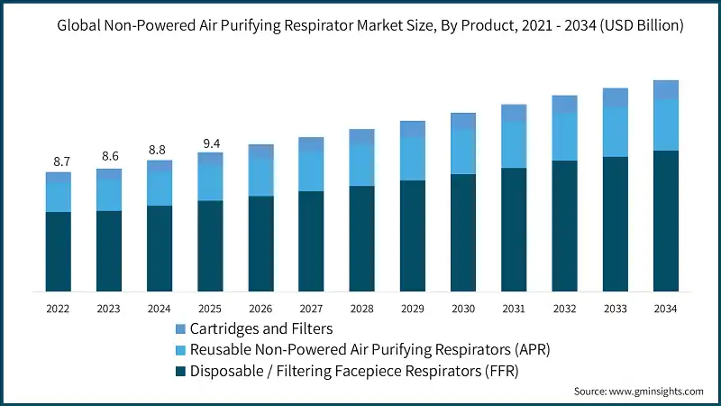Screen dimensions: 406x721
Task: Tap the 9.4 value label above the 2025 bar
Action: pos(210,143)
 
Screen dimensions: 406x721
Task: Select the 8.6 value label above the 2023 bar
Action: pos(110,157)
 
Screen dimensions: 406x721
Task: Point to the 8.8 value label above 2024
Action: pos(160,151)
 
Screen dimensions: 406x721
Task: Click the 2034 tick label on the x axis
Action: pos(665,309)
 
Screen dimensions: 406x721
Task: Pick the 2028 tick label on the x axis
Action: pos(361,309)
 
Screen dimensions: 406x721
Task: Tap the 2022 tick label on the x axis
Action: pos(59,309)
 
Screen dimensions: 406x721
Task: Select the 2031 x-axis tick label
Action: pos(514,309)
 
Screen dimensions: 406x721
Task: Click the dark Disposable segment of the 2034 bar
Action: pos(665,221)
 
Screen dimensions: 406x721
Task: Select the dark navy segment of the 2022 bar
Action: pos(59,252)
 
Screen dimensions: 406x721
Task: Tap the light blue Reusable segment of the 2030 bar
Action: pos(463,152)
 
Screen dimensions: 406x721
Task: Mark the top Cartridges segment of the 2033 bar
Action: pos(615,97)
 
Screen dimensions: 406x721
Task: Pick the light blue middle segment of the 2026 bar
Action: pos(260,177)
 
